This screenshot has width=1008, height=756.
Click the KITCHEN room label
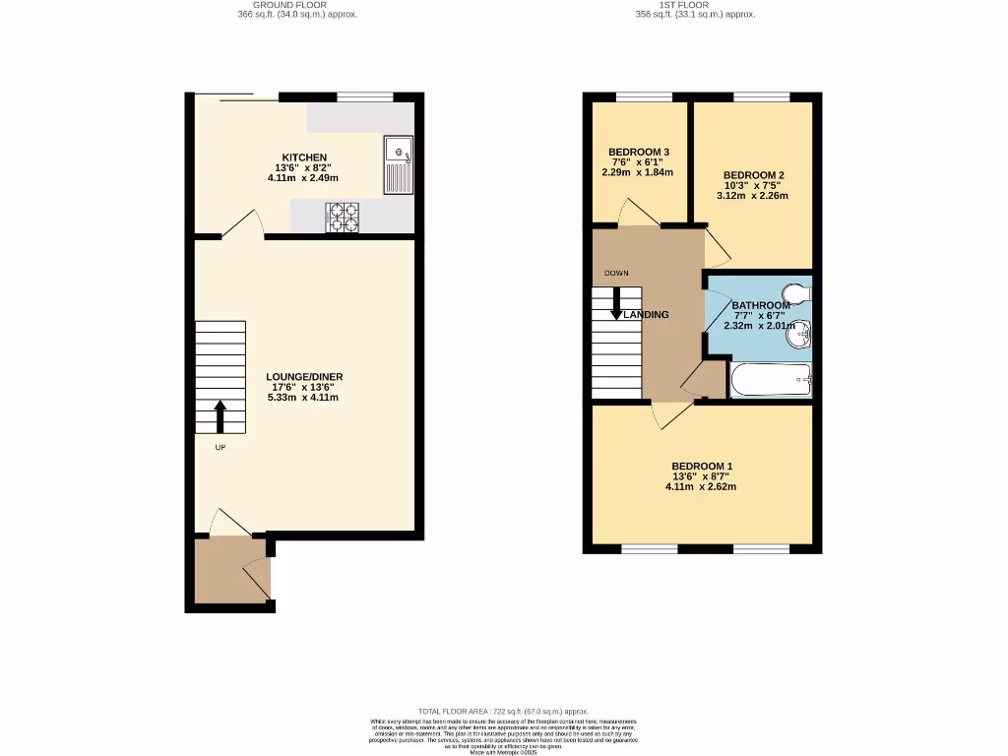304,157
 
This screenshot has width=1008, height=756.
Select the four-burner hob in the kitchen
344,217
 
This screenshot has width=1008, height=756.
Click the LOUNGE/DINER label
304,377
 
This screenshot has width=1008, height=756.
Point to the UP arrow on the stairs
220,415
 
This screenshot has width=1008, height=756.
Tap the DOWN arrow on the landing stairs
616,303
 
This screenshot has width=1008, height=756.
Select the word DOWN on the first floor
616,273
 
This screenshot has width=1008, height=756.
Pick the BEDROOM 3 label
638,152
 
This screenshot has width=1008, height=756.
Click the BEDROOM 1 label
702,466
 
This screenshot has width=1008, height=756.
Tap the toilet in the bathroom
795,293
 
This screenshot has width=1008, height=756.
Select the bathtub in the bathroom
770,379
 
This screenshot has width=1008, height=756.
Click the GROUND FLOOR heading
297,5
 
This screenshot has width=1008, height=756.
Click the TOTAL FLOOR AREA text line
503,711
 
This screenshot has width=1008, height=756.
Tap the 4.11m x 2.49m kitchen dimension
303,178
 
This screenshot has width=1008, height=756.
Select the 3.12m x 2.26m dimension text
752,195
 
